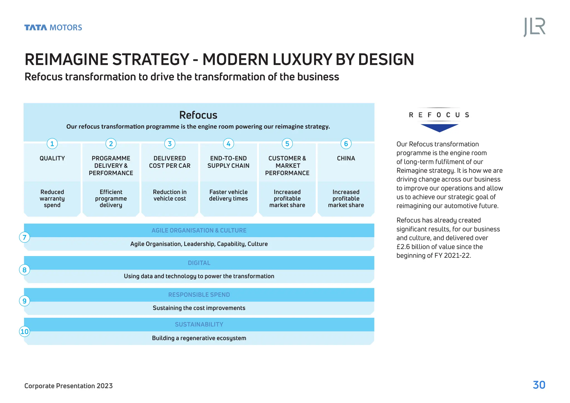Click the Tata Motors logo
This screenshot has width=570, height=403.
coord(53,28)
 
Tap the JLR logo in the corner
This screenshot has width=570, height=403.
coord(534,27)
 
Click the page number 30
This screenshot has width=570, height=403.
coord(539,385)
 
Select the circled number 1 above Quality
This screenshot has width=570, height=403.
coord(52,144)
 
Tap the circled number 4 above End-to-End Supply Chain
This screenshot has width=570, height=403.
coord(228,144)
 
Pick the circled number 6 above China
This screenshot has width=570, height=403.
coord(346,144)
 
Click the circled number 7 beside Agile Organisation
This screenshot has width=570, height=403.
coord(24,237)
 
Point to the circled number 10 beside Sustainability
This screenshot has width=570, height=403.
coord(24,331)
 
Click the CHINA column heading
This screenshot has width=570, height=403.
coord(346,158)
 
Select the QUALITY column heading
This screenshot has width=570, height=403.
coord(52,158)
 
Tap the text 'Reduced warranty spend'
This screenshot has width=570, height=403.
coord(52,198)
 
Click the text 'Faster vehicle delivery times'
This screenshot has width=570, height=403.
coord(228,195)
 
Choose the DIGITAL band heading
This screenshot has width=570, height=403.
coord(199,263)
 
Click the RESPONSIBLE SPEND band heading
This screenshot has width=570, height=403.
coord(199,295)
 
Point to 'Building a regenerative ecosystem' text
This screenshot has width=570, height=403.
coord(199,338)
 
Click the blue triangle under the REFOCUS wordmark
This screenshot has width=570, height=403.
coord(439,127)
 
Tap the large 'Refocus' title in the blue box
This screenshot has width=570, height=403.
coord(198,115)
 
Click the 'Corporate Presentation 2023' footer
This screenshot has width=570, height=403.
coord(68,386)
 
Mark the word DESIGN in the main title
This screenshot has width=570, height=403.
coord(386,60)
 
